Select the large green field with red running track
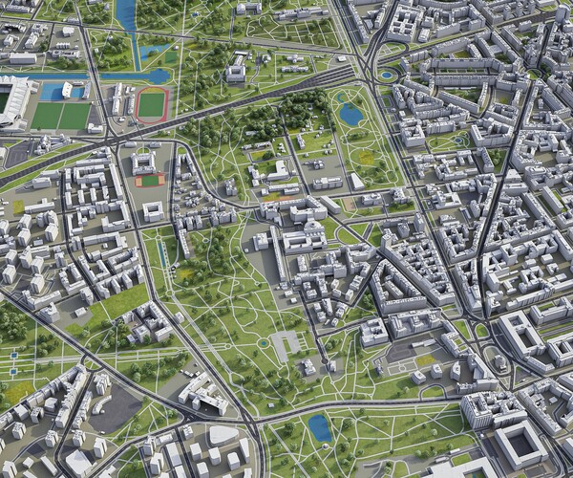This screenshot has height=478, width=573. [x=151, y=104]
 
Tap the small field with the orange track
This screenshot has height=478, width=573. [x=148, y=180]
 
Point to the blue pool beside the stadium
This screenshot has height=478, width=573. [x=51, y=91]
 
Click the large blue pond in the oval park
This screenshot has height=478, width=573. [x=350, y=115]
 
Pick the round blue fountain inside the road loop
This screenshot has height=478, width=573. [x=386, y=74]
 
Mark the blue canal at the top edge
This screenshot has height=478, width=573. [x=125, y=14]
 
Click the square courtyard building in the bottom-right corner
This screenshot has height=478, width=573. [x=520, y=445]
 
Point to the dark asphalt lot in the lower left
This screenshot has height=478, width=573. [x=115, y=409]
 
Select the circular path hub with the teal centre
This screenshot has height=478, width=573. [x=262, y=342]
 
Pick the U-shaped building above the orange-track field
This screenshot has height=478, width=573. [x=145, y=161]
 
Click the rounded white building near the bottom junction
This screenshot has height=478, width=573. [x=222, y=436]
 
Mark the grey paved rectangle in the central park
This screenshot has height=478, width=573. [x=286, y=343]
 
